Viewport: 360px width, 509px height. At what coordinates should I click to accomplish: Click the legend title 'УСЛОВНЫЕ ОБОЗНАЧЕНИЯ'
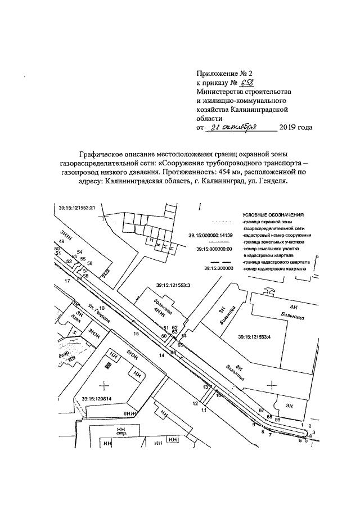click(273, 215)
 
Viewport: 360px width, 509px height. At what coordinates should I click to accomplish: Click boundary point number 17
click(67, 280)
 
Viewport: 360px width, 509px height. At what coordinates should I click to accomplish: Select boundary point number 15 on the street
click(136, 334)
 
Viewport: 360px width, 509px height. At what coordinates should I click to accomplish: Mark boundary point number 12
click(195, 403)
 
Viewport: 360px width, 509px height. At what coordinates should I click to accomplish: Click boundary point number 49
click(61, 241)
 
